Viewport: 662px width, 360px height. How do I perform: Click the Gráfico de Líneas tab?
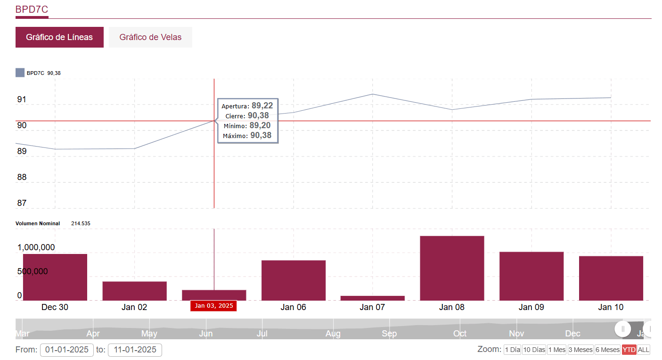(x=59, y=37)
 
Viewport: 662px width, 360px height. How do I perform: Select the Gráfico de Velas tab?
(x=150, y=37)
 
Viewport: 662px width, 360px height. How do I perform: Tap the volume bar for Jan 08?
(x=452, y=268)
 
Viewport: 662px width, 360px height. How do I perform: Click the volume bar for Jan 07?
(x=372, y=298)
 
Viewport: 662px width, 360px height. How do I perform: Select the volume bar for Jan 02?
(x=134, y=291)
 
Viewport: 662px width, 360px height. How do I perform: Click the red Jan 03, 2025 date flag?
(x=213, y=306)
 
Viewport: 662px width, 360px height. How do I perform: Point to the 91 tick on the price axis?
(x=22, y=100)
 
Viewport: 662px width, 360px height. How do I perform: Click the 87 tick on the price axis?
(x=22, y=204)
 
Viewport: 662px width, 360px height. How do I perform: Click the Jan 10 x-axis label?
(x=611, y=307)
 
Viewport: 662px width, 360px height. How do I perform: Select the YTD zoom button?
(x=629, y=350)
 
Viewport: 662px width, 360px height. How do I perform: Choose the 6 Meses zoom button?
(x=607, y=350)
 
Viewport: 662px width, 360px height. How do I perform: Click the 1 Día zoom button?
(x=512, y=350)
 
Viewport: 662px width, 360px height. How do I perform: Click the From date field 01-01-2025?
(x=67, y=350)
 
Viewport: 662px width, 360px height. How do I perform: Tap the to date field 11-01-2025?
(x=135, y=350)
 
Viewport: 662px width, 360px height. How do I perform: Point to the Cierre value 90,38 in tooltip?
(x=258, y=115)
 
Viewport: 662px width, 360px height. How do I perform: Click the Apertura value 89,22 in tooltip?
(x=262, y=106)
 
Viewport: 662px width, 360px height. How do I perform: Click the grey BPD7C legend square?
(x=20, y=73)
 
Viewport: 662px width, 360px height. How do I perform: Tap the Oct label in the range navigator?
(x=460, y=334)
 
